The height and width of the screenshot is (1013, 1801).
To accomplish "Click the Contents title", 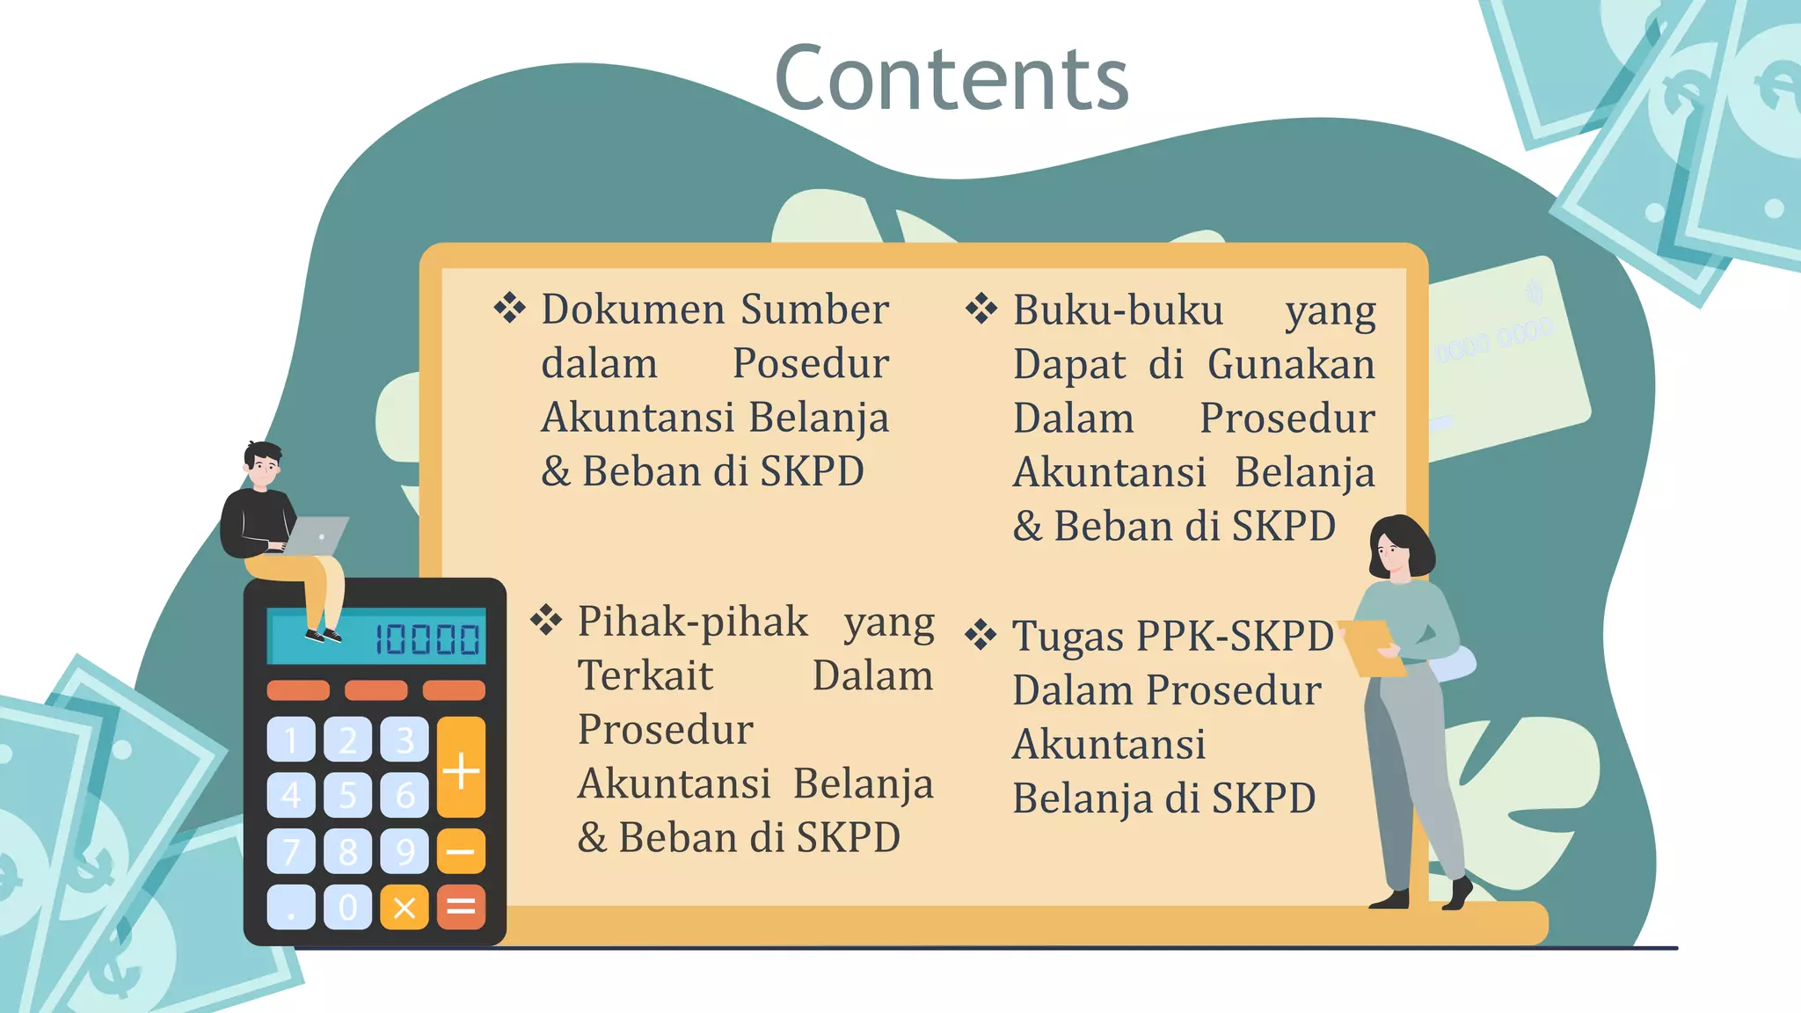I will (952, 79).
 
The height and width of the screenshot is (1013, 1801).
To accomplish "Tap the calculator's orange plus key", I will (461, 768).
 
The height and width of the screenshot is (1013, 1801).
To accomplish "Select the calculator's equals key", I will (461, 907).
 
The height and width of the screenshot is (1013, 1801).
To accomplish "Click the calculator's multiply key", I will (405, 907).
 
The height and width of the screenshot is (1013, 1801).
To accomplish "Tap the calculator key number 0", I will (347, 907).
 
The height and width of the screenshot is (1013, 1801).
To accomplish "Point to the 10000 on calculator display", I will (427, 639).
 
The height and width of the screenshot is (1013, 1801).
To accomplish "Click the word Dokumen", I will (633, 310).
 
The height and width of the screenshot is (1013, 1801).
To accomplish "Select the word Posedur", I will (810, 364).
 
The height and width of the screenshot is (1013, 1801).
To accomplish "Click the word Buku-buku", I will (1117, 310).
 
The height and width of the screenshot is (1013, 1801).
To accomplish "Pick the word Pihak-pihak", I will (692, 622).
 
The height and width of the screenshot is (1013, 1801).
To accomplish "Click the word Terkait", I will (645, 676).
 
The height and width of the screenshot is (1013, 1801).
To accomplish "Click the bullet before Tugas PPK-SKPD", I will (981, 635).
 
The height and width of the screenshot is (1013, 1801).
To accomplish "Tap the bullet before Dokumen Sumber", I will (509, 309).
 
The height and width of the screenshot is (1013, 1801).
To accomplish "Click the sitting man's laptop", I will (317, 535).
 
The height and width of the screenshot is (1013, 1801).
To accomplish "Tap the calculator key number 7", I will (291, 851).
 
